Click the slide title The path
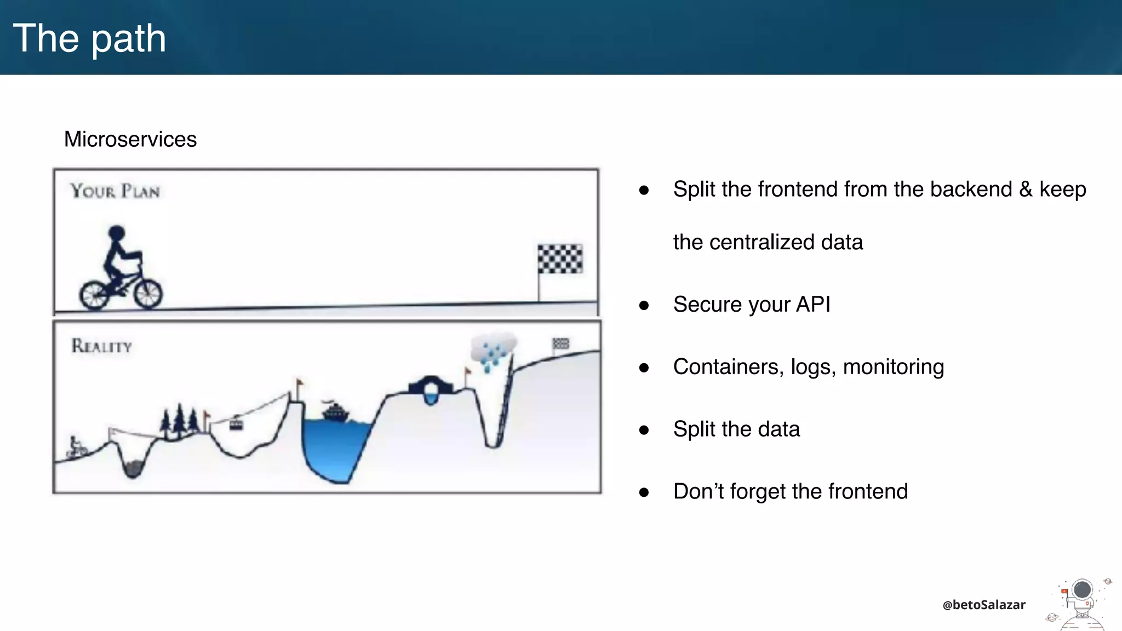click(89, 38)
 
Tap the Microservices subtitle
click(130, 139)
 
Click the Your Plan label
click(115, 191)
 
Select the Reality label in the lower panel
click(102, 346)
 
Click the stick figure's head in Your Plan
click(116, 233)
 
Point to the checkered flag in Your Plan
click(560, 259)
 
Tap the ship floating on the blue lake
click(335, 411)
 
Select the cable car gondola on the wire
click(236, 423)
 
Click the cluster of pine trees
click(179, 422)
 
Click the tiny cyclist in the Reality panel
click(76, 448)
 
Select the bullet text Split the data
click(736, 429)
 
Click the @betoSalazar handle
click(984, 605)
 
